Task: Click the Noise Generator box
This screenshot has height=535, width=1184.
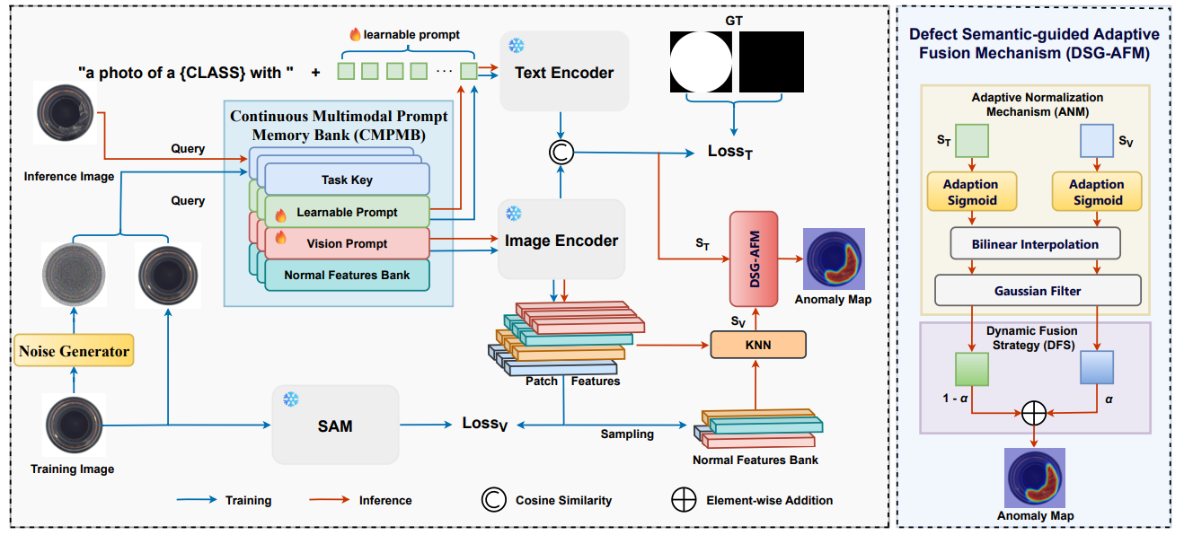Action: (x=75, y=351)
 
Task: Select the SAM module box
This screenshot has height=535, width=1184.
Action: (x=335, y=425)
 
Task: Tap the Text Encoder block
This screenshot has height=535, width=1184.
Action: (x=563, y=73)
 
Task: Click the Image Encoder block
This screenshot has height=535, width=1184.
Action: (x=561, y=240)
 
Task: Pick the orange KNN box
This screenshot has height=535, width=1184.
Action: (x=758, y=344)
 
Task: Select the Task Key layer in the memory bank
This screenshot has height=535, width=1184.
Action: (x=347, y=180)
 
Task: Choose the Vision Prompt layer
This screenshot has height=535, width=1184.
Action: (x=347, y=243)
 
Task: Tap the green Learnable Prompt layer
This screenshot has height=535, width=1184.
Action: (x=347, y=212)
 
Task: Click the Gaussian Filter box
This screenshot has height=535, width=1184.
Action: (x=1038, y=290)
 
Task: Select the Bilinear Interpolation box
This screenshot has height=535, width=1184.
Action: (x=1035, y=243)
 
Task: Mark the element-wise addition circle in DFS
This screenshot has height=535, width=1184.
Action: (x=1034, y=412)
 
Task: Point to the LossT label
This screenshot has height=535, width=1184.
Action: (x=729, y=153)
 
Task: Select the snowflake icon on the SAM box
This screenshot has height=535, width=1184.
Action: (x=291, y=399)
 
